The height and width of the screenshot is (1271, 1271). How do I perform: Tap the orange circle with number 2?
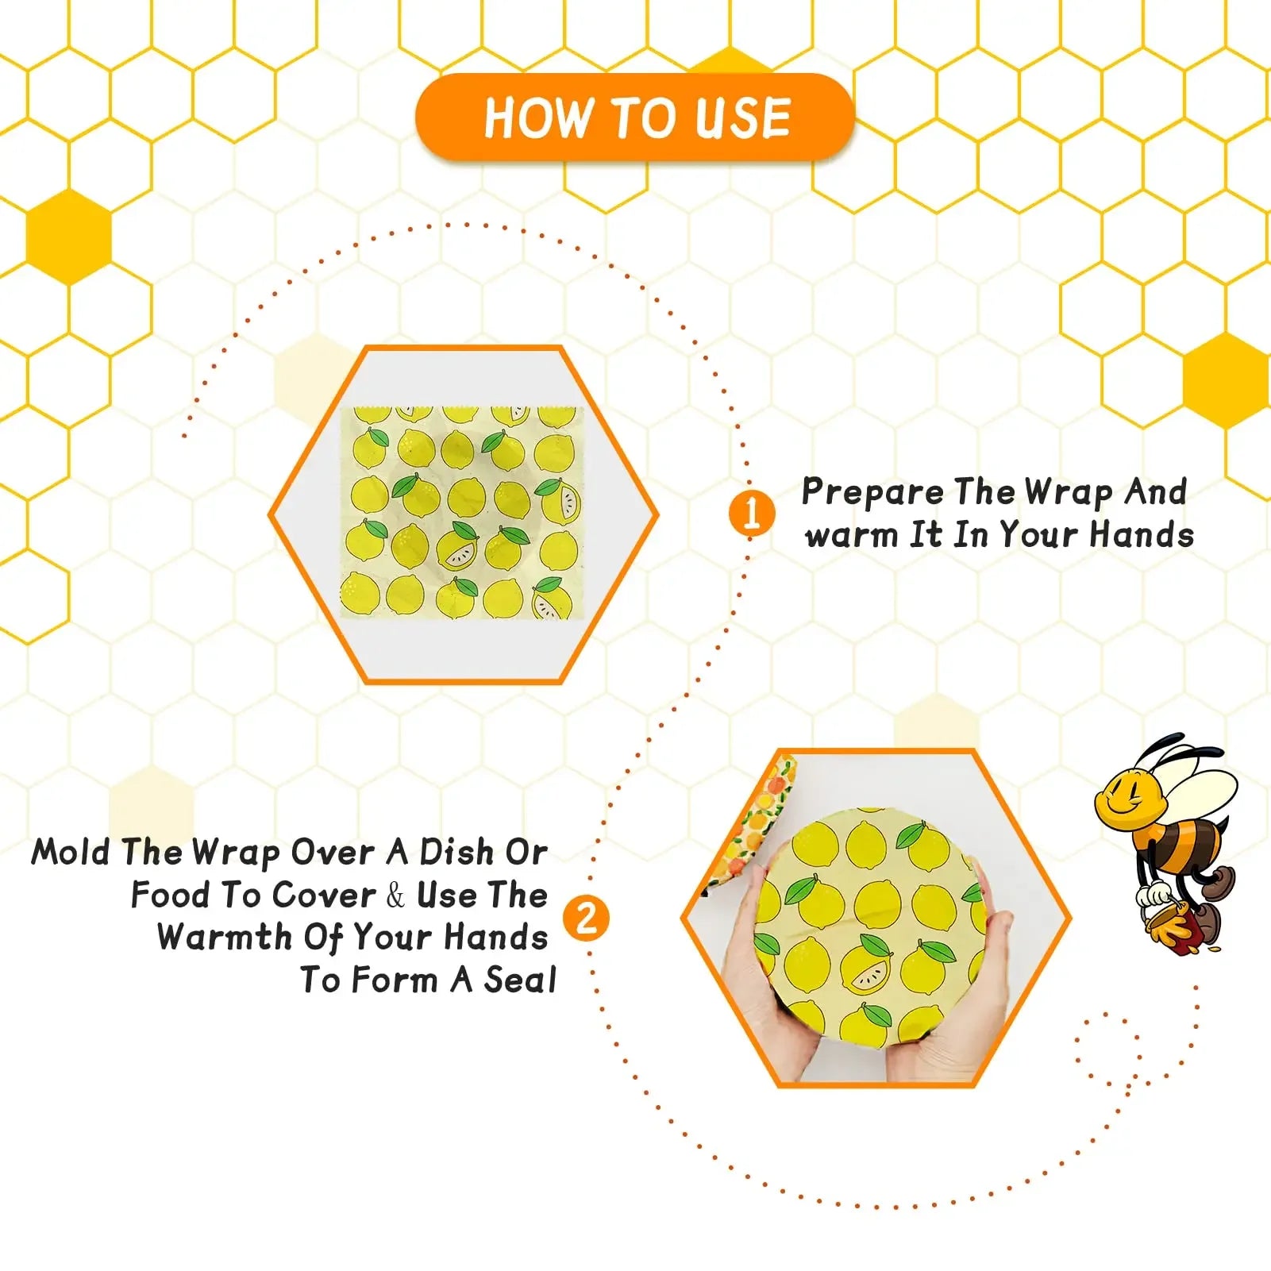pyautogui.click(x=586, y=919)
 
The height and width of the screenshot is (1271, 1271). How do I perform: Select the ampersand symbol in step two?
pyautogui.click(x=395, y=895)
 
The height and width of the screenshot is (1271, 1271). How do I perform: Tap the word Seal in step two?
pyautogui.click(x=520, y=980)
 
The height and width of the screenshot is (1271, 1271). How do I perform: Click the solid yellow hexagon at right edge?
pyautogui.click(x=1225, y=381)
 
